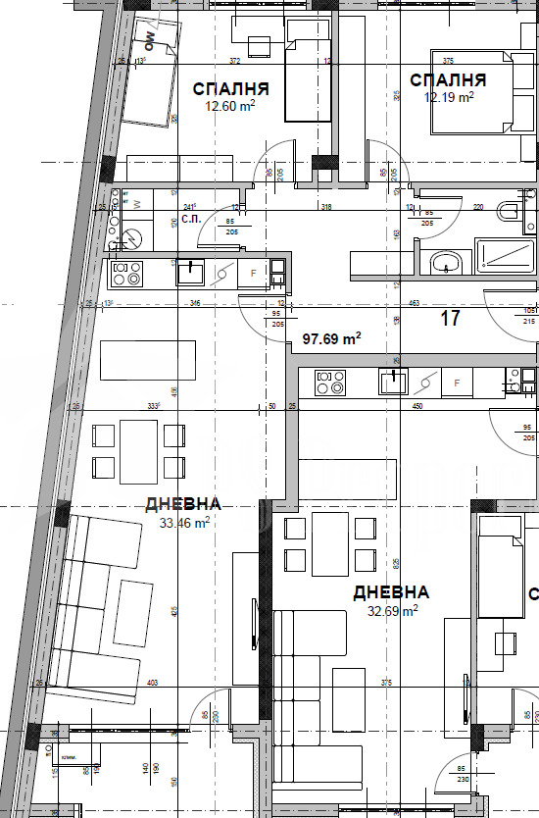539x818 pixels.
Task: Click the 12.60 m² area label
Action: coord(230,107)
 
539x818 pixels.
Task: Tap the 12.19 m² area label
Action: coord(449,97)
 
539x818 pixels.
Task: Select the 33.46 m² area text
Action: coord(184,523)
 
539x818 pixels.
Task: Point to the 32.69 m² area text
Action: coord(393,610)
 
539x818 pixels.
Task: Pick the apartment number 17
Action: coord(451,319)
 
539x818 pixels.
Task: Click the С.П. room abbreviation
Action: coord(191,219)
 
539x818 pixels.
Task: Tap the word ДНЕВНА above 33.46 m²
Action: coord(183,504)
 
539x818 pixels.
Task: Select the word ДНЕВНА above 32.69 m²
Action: coord(391,592)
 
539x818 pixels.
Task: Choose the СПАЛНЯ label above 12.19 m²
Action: coord(448,79)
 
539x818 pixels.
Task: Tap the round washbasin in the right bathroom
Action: coord(448,263)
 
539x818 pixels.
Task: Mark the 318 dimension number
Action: coord(326,208)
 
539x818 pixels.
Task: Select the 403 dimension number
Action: coord(152,683)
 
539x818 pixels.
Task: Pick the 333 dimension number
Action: coord(153,405)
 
